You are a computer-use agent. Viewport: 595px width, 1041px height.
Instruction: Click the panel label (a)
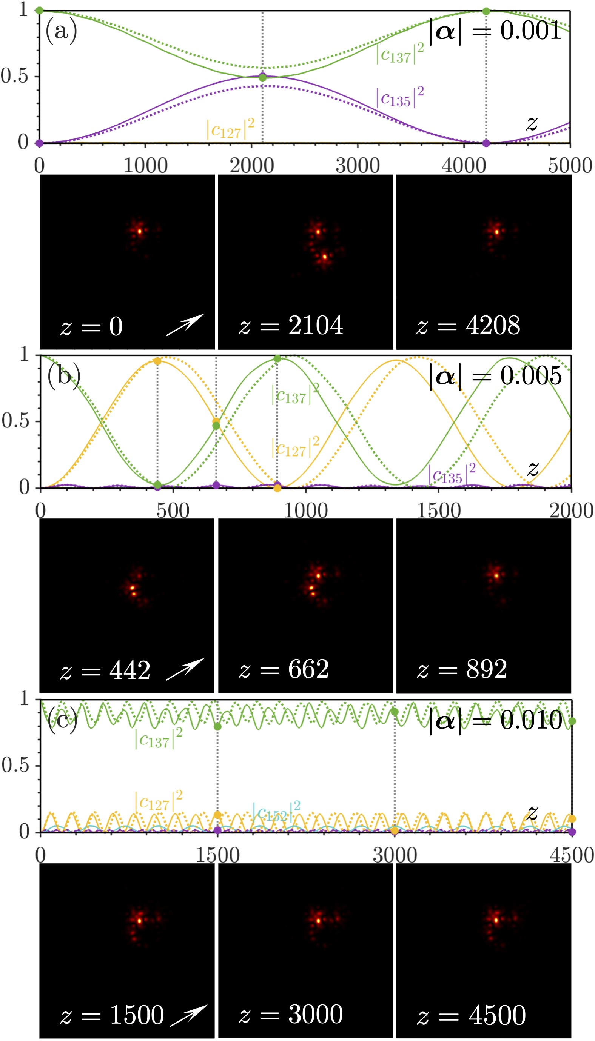click(x=61, y=31)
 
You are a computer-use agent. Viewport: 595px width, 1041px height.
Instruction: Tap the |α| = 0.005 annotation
click(x=496, y=375)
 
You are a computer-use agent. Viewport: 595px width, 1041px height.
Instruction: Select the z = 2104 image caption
click(x=291, y=326)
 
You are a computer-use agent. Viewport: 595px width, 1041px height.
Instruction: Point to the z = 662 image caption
click(x=284, y=669)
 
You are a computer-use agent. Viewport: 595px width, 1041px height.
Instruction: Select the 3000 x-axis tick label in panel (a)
click(x=358, y=166)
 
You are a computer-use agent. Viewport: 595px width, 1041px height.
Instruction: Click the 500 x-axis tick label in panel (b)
click(x=173, y=511)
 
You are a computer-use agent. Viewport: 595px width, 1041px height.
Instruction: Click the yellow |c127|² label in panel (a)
click(x=230, y=129)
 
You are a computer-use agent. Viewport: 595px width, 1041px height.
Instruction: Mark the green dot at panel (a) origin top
click(x=39, y=10)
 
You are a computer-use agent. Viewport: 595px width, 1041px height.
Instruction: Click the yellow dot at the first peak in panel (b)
click(x=157, y=361)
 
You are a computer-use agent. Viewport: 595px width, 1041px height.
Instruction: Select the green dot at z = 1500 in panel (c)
click(x=217, y=727)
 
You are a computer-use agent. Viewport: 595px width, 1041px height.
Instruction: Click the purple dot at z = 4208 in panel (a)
click(x=486, y=143)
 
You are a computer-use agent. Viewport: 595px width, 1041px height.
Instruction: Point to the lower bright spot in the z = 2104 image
click(x=324, y=257)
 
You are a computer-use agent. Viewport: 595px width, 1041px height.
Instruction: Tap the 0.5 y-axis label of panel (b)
click(x=15, y=421)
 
